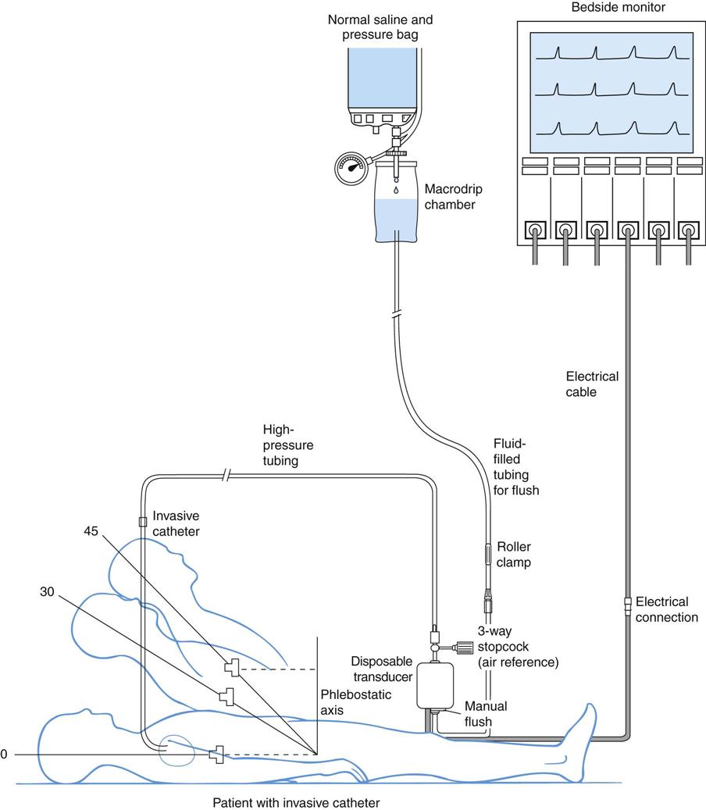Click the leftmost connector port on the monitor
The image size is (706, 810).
(534, 231)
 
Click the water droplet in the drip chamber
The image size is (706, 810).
(396, 188)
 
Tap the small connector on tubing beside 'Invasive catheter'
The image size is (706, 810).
(142, 521)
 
